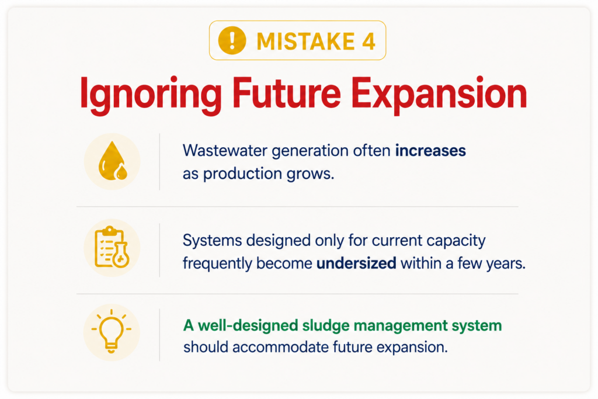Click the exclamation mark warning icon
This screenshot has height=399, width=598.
[x=232, y=40]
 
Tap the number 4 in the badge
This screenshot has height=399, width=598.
[x=369, y=41]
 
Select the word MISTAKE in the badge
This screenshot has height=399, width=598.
[x=306, y=41]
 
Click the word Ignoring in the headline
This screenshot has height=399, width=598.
[x=151, y=94]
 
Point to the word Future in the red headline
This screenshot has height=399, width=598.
[x=286, y=93]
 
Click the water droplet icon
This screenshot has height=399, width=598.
[x=113, y=161]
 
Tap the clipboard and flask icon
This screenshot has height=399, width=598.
[x=112, y=247]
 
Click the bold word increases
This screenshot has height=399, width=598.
[x=430, y=151]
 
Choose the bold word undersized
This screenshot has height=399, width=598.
[x=356, y=263]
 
